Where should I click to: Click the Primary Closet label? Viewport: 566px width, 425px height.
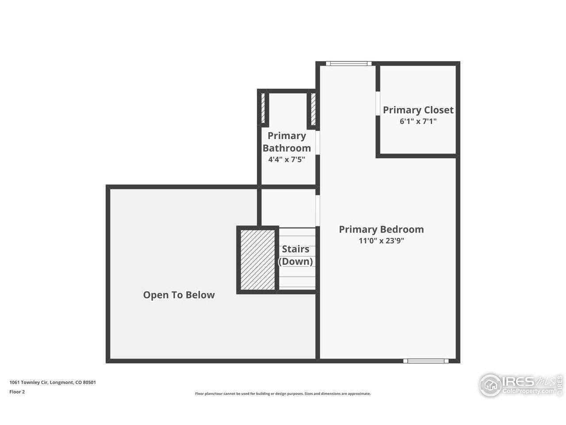[418, 110]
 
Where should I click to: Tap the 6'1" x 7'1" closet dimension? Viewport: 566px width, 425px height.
[418, 121]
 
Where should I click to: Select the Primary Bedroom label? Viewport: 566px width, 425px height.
[381, 229]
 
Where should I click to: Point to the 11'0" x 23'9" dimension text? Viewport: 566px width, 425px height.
[381, 241]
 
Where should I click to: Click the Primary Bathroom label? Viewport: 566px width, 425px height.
[287, 142]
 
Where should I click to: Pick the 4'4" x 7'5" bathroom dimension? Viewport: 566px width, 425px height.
[287, 159]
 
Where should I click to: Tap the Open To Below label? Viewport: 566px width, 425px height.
[179, 295]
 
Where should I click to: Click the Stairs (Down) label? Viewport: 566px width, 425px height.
[295, 255]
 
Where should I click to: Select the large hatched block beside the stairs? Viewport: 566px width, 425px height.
[258, 260]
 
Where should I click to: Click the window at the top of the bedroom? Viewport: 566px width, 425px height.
[348, 63]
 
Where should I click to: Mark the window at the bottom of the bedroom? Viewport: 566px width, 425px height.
[426, 361]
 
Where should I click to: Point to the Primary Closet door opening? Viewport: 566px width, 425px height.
[378, 103]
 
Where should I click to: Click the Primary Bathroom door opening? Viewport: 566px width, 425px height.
[317, 143]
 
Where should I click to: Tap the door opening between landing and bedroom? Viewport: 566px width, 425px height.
[317, 211]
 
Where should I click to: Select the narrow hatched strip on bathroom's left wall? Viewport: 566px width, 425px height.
[263, 108]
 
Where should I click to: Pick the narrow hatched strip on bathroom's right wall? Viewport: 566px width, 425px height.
[314, 109]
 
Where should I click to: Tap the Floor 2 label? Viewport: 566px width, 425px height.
[17, 392]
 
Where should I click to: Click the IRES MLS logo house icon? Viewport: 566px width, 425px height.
[490, 385]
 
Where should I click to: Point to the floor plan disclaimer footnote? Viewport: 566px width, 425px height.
[283, 394]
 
